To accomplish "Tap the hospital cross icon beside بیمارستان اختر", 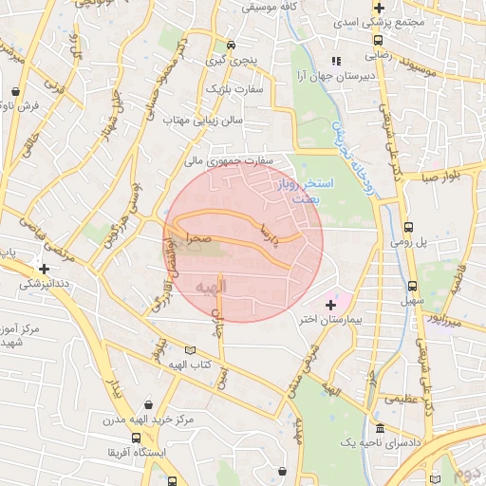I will point(330,305).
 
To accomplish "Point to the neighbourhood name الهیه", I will point(210,285).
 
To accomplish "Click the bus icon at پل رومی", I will point(408,228).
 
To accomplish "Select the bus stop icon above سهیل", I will point(412,285).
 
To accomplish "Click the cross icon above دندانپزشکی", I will point(43,268).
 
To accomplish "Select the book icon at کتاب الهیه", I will point(195,349).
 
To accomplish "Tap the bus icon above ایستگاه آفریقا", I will point(139,439).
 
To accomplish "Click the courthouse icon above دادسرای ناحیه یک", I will point(380,428).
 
